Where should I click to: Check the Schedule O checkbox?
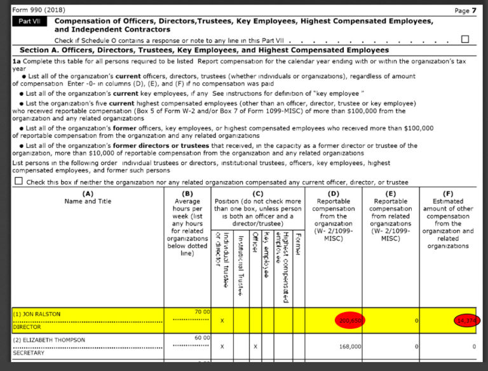coord(464,39)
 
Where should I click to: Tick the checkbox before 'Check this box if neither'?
coord(18,181)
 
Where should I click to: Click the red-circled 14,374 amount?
coord(468,321)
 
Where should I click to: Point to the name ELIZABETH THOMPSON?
coord(49,340)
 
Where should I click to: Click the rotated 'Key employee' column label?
coord(266,254)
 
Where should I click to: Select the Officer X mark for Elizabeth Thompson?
coord(255,347)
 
